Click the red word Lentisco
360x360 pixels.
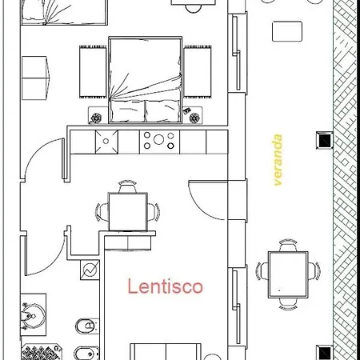166,286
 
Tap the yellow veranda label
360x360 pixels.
278,160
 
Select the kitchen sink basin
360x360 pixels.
106,142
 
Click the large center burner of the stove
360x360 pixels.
158,139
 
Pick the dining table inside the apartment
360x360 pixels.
128,212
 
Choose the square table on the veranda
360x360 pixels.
288,274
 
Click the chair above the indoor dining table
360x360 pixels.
127,186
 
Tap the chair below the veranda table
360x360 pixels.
288,304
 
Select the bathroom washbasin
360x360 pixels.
33,316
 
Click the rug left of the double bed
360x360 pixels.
93,72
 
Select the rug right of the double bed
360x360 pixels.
198,71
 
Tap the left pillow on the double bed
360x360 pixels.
127,110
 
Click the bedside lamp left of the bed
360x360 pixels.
96,118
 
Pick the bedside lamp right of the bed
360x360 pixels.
194,118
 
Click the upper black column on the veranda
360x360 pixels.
325,140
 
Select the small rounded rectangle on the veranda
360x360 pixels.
287,31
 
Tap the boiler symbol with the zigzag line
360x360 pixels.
90,270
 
